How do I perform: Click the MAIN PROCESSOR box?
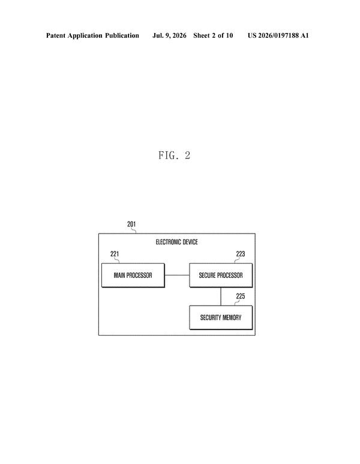pos(133,275)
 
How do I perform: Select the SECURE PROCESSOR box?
pos(221,275)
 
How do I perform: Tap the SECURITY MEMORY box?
pos(221,318)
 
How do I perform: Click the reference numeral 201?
pos(131,224)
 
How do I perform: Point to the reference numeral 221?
pos(115,253)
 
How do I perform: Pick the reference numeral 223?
pos(241,253)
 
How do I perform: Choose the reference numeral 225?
pos(241,296)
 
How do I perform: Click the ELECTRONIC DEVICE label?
pos(176,242)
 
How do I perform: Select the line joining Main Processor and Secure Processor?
pos(177,275)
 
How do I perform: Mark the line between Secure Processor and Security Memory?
pos(221,297)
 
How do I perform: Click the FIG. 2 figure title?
pos(174,155)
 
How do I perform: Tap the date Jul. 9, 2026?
pos(169,35)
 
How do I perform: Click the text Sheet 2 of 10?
pos(213,35)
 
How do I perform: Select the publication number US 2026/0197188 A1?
pos(278,35)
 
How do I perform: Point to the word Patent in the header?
pos(56,35)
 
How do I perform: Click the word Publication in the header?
pos(122,35)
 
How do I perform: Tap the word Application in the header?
pos(85,36)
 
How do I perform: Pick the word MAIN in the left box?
pos(119,275)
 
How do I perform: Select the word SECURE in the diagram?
pos(207,275)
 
